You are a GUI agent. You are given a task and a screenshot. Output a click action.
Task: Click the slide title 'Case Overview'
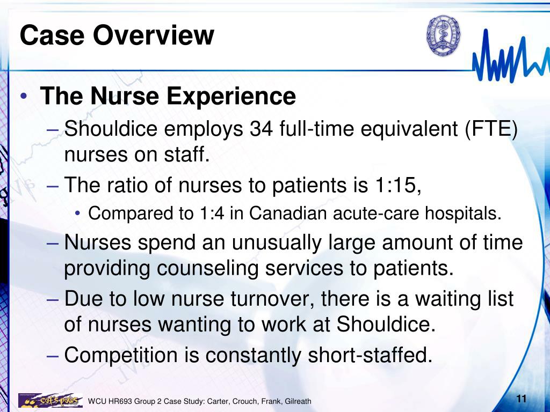(x=117, y=35)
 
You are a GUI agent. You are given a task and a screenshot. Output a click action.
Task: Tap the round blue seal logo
(x=444, y=35)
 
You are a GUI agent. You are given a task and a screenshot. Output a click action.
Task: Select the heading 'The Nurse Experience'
(x=168, y=97)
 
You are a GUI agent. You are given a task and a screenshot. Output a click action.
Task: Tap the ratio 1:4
(x=212, y=214)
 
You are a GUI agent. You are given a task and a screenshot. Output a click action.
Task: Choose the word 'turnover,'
(x=273, y=299)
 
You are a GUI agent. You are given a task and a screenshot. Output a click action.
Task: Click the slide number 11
(x=520, y=399)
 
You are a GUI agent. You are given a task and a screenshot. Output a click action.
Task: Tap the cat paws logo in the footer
(x=50, y=400)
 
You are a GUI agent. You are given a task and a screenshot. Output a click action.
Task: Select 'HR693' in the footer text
(x=121, y=401)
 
